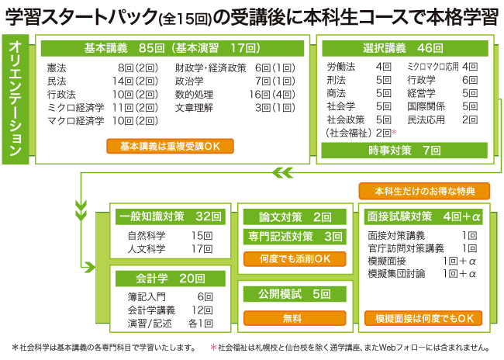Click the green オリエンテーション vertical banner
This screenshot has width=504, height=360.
tap(17, 98)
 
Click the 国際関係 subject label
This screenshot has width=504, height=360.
tap(425, 106)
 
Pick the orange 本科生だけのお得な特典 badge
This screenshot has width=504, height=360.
tap(424, 191)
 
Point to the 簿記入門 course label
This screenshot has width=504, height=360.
tap(147, 296)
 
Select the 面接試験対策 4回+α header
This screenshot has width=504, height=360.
tap(424, 216)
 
